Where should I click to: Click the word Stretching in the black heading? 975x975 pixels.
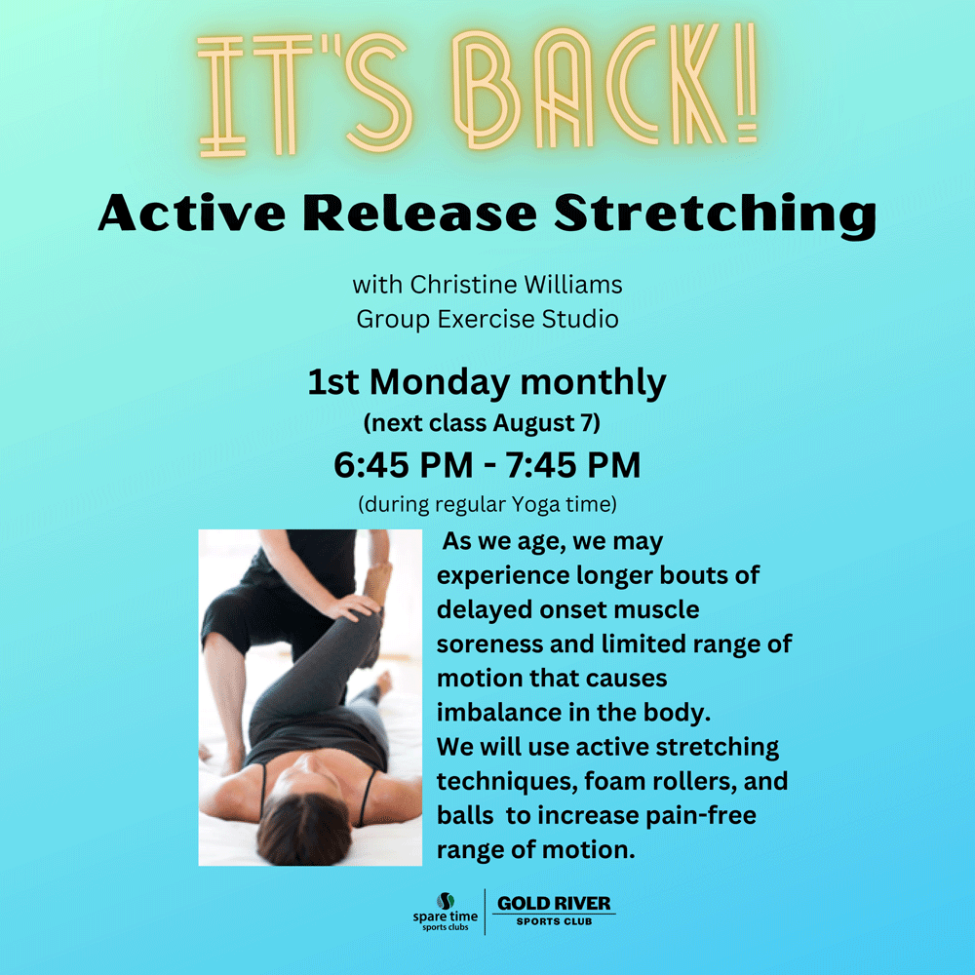pyautogui.click(x=715, y=214)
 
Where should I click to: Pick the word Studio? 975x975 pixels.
pyautogui.click(x=580, y=319)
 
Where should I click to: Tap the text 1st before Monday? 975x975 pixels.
pyautogui.click(x=333, y=382)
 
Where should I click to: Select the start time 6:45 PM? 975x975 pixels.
pyautogui.click(x=403, y=465)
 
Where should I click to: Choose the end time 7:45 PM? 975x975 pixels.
pyautogui.click(x=572, y=465)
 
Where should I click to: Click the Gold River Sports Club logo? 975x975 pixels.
pyautogui.click(x=554, y=911)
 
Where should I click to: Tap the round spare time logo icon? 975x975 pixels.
pyautogui.click(x=446, y=900)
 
